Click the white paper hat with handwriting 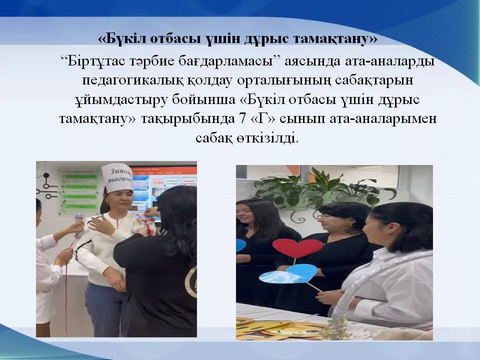click(x=116, y=177)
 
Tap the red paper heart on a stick click(x=297, y=248)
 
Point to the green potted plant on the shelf click(x=321, y=186)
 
